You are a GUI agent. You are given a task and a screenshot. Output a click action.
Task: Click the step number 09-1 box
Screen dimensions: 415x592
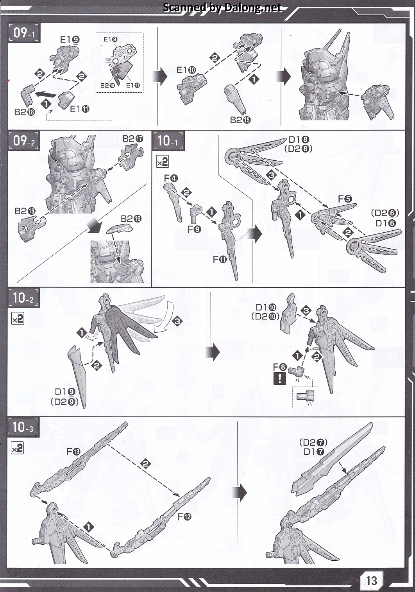point(24,33)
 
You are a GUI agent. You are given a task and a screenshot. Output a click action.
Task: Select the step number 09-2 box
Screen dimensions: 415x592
point(24,141)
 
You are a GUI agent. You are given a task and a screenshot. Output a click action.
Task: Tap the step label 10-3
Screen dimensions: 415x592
point(23,427)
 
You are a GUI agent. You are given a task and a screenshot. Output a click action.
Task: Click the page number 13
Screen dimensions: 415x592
point(372,580)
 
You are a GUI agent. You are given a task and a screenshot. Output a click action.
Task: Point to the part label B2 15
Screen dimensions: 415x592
point(240,120)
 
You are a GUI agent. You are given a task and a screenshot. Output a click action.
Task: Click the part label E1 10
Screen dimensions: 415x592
point(186,70)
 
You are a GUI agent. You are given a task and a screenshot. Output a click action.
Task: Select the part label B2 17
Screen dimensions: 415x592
point(133,139)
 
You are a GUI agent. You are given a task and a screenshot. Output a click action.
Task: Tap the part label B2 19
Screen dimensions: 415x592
point(131,219)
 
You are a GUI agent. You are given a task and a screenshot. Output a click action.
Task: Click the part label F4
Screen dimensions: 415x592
point(171,178)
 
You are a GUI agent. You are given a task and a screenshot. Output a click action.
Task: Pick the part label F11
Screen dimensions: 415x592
point(220,260)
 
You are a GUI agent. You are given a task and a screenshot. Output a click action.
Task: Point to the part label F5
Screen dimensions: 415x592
point(345,199)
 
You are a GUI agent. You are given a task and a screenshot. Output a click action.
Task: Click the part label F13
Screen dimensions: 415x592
point(73,452)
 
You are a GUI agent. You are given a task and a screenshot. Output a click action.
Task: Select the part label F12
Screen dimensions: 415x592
point(184,517)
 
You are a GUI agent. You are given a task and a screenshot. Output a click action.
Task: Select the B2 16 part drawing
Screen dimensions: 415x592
point(32,228)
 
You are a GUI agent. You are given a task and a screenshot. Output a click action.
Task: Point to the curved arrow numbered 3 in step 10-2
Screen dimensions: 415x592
point(164,317)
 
